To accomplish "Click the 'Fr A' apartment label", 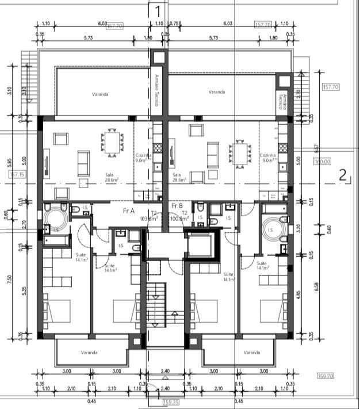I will tap(128, 211).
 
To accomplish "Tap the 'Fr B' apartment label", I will tap(177, 205).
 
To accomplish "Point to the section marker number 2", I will tap(343, 175).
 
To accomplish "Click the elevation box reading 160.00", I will tap(322, 162).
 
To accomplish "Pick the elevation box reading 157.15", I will tap(17, 174).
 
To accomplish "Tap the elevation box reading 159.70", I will tap(325, 376).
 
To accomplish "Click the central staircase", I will tap(155, 305).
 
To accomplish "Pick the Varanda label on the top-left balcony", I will tap(100, 94).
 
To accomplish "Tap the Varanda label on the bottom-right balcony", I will tap(251, 353).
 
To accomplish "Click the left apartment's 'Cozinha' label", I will tap(143, 155).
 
